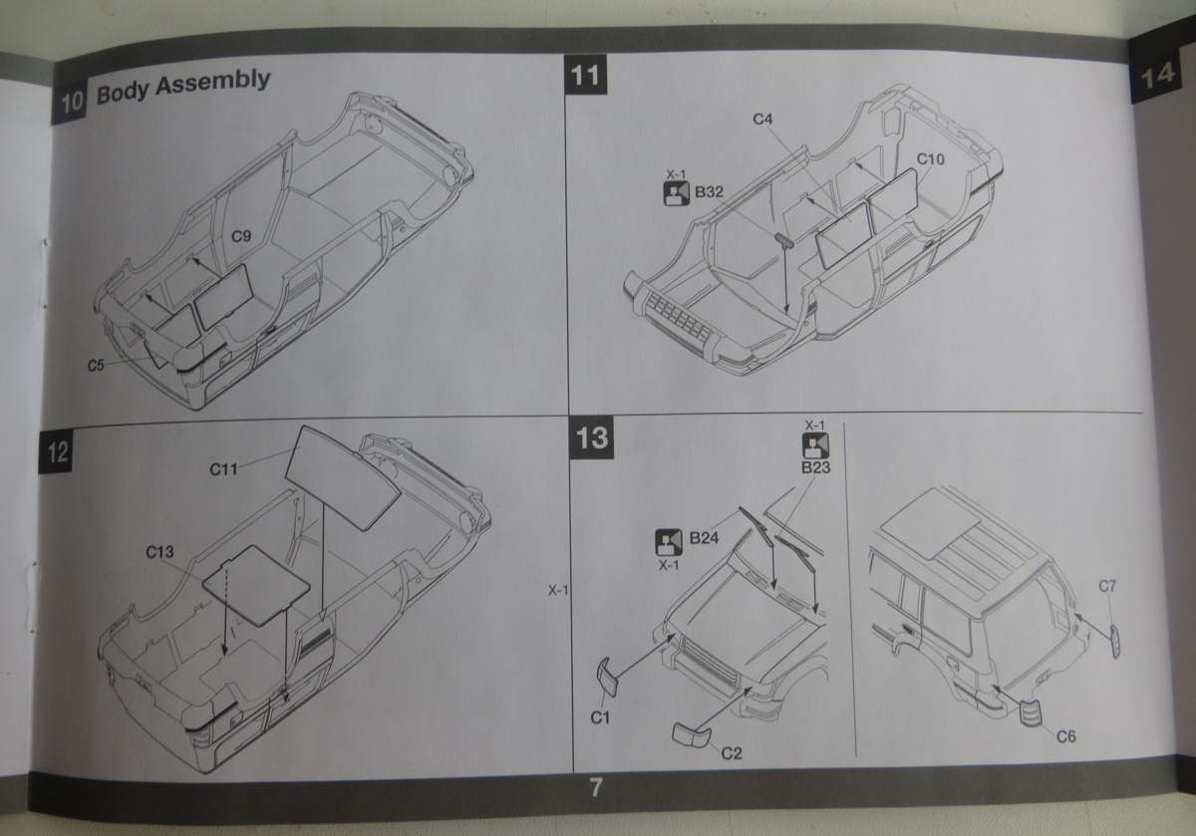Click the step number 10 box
[x=71, y=103]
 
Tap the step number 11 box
[x=585, y=75]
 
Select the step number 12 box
[x=57, y=453]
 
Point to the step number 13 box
[x=591, y=439]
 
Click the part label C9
[x=240, y=237]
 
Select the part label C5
[x=96, y=365]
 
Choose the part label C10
[x=930, y=158]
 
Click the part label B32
[x=709, y=191]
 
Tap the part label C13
[x=159, y=551]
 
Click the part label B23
[x=815, y=466]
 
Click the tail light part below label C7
[x=1115, y=639]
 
